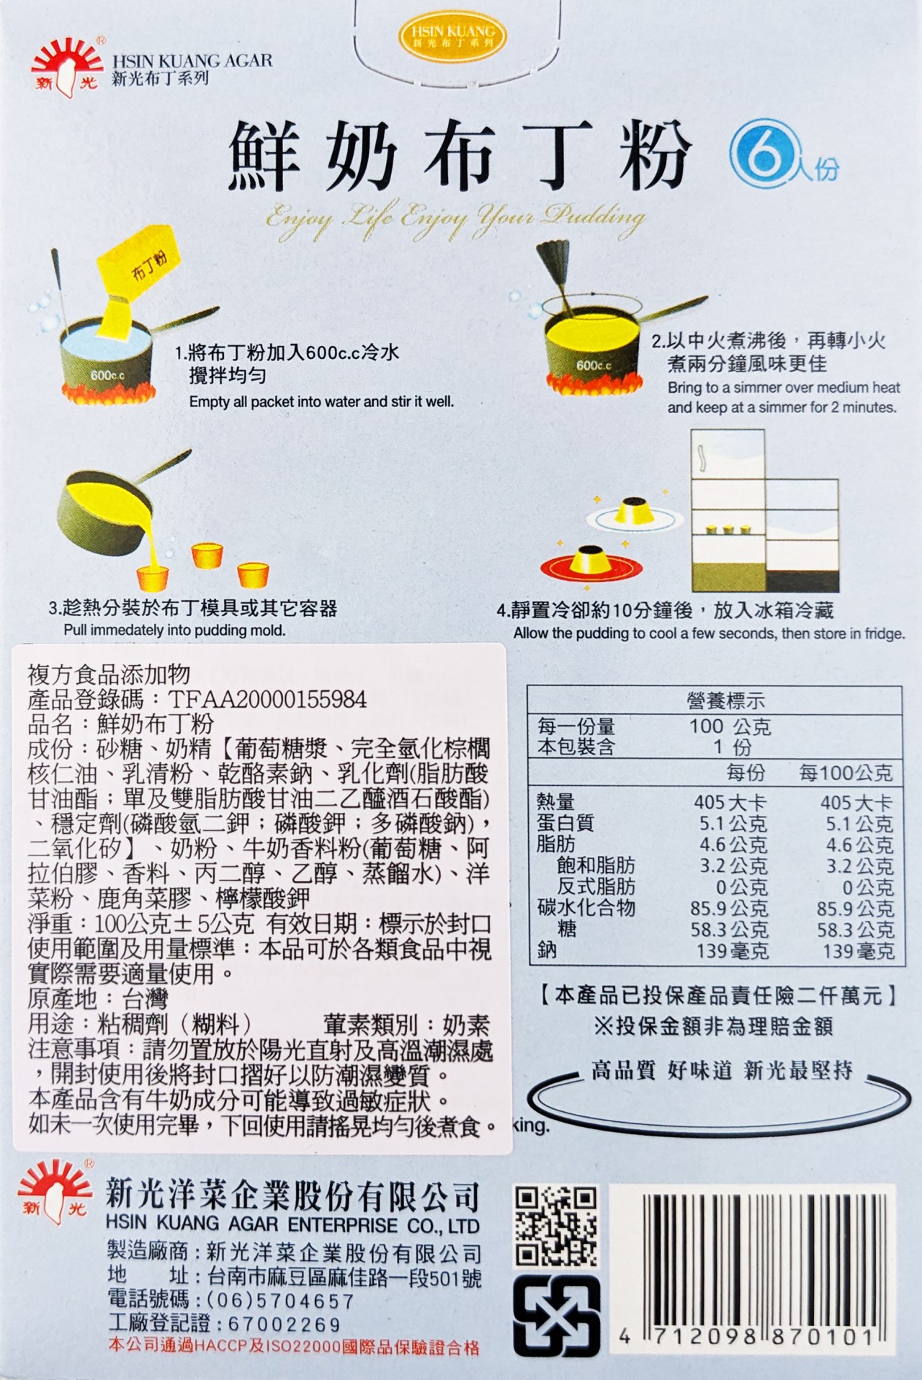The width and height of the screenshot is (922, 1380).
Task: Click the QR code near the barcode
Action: pyautogui.click(x=556, y=1226)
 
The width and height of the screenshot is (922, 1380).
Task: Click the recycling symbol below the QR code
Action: pyautogui.click(x=556, y=1316)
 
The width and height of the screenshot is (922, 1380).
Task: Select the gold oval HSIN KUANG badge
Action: pyautogui.click(x=453, y=37)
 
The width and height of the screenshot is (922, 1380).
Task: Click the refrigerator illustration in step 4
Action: pyautogui.click(x=764, y=510)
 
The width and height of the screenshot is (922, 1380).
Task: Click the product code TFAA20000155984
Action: pyautogui.click(x=267, y=699)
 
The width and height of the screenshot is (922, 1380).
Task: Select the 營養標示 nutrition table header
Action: pyautogui.click(x=725, y=700)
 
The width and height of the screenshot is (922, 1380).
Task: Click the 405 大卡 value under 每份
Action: pyautogui.click(x=730, y=802)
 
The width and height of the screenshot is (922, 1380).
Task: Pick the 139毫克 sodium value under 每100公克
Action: pyautogui.click(x=858, y=951)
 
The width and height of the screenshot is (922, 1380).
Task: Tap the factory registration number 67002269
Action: pyautogui.click(x=285, y=1324)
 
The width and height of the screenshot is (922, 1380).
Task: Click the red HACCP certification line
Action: pyautogui.click(x=293, y=1346)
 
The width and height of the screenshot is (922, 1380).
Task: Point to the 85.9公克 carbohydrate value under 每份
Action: pyautogui.click(x=729, y=909)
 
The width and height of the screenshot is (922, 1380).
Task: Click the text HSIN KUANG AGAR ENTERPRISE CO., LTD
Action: pyautogui.click(x=292, y=1225)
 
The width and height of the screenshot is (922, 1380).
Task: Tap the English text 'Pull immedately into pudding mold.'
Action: pyautogui.click(x=174, y=631)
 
